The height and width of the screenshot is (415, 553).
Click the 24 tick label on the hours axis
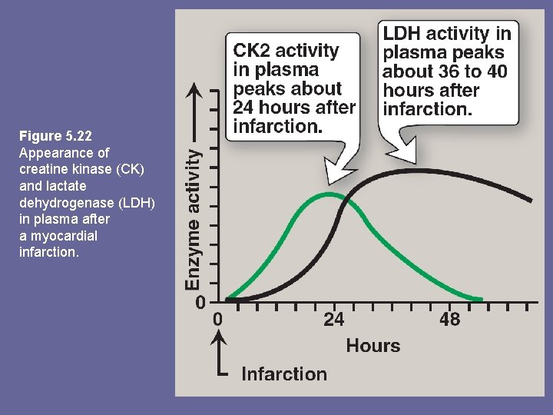point(333,319)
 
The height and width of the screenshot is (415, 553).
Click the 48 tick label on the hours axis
point(449,319)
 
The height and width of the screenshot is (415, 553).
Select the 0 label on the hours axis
point(218,319)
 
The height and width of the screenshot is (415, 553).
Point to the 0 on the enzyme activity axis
point(200,302)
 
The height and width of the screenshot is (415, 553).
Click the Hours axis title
point(373,346)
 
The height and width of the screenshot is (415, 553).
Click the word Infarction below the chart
point(284,374)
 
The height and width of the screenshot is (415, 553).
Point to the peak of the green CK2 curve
point(328,194)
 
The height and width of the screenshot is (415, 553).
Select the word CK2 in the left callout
point(253,51)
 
